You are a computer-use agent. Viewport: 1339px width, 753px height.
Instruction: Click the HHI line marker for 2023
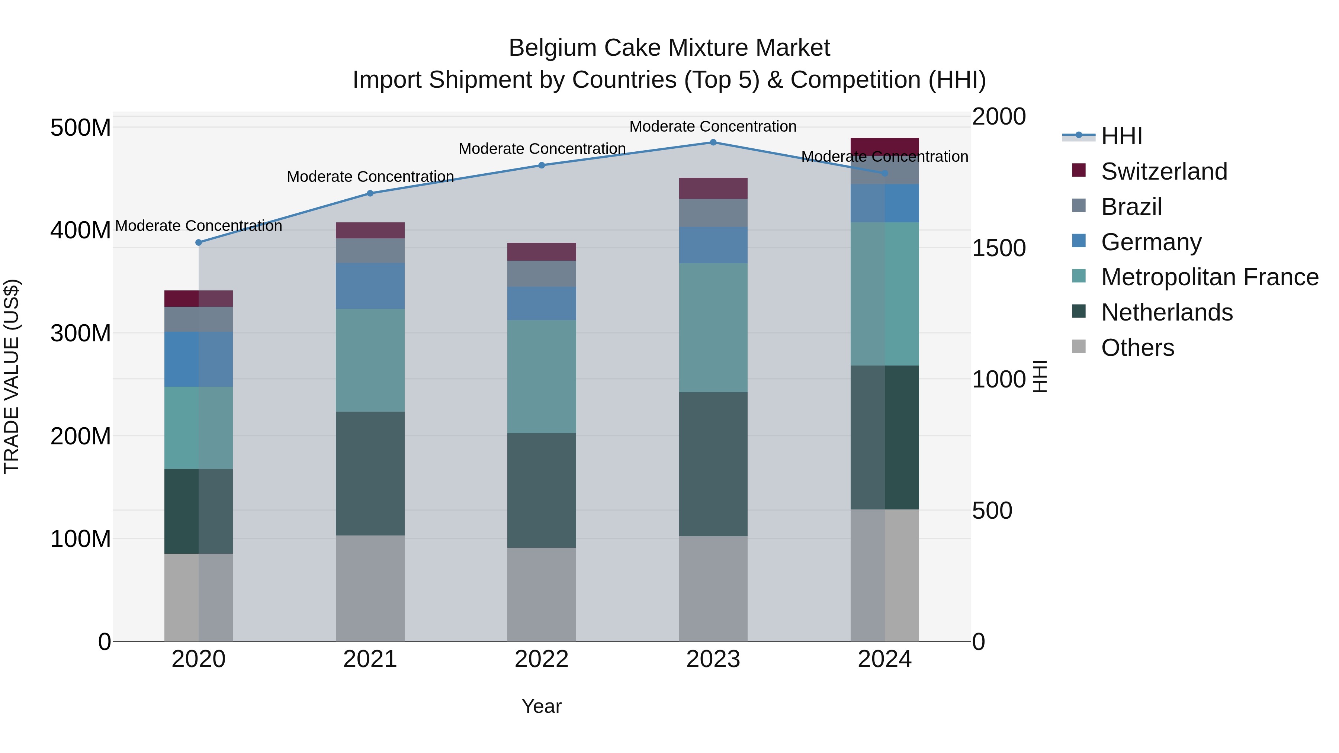[713, 142]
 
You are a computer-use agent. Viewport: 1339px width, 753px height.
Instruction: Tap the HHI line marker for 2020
[199, 243]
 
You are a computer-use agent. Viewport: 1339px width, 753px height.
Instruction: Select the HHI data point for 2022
[542, 165]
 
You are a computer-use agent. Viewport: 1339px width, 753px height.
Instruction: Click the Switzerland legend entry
[1164, 171]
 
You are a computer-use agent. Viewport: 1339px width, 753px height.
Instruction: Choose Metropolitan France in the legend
[1210, 277]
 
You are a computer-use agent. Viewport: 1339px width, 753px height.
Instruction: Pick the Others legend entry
[1137, 348]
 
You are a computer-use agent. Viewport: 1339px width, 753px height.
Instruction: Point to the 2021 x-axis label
[370, 659]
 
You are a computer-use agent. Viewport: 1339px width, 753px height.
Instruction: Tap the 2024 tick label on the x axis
[885, 659]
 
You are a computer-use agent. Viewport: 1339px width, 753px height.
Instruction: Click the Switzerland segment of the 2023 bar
[713, 188]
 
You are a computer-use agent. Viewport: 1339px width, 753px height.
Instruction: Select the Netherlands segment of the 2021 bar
[370, 473]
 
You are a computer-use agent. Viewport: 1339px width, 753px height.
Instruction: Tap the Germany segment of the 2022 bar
[542, 303]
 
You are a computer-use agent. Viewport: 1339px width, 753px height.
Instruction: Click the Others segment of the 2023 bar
[713, 589]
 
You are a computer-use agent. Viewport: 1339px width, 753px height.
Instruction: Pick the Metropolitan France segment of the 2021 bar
[370, 361]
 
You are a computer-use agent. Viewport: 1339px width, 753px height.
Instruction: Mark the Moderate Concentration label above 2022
[542, 149]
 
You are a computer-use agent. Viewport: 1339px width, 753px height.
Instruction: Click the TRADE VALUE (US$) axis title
[12, 376]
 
